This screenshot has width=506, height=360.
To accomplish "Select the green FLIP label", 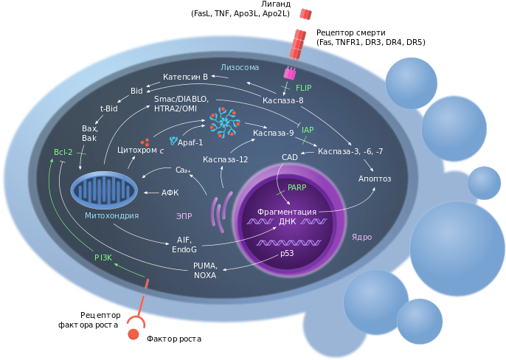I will (x=314, y=88).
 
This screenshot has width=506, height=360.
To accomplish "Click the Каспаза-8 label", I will (x=283, y=100).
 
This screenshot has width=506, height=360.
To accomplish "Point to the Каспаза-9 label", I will (x=273, y=134).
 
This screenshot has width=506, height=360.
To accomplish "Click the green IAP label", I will (x=308, y=129).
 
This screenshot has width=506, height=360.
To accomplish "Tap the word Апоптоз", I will (x=374, y=179).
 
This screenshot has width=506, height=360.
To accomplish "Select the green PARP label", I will (x=297, y=187).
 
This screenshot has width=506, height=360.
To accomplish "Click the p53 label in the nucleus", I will (x=287, y=254).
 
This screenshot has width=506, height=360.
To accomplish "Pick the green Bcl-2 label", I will (x=63, y=152).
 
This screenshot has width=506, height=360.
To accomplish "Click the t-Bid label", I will (x=109, y=108).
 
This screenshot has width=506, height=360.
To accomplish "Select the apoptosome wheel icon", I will (x=222, y=121).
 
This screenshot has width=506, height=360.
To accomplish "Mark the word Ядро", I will (x=362, y=238).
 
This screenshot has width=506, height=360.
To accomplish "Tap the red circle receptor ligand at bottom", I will (x=134, y=333).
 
